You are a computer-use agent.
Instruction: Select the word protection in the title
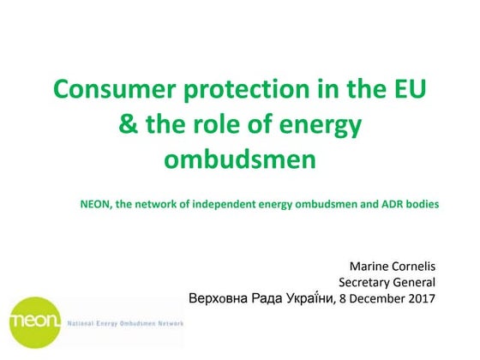pos(246,88)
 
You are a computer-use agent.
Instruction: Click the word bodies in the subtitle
pos(421,205)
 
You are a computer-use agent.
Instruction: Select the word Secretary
pos(365,282)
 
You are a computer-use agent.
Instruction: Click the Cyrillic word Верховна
pos(217,298)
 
